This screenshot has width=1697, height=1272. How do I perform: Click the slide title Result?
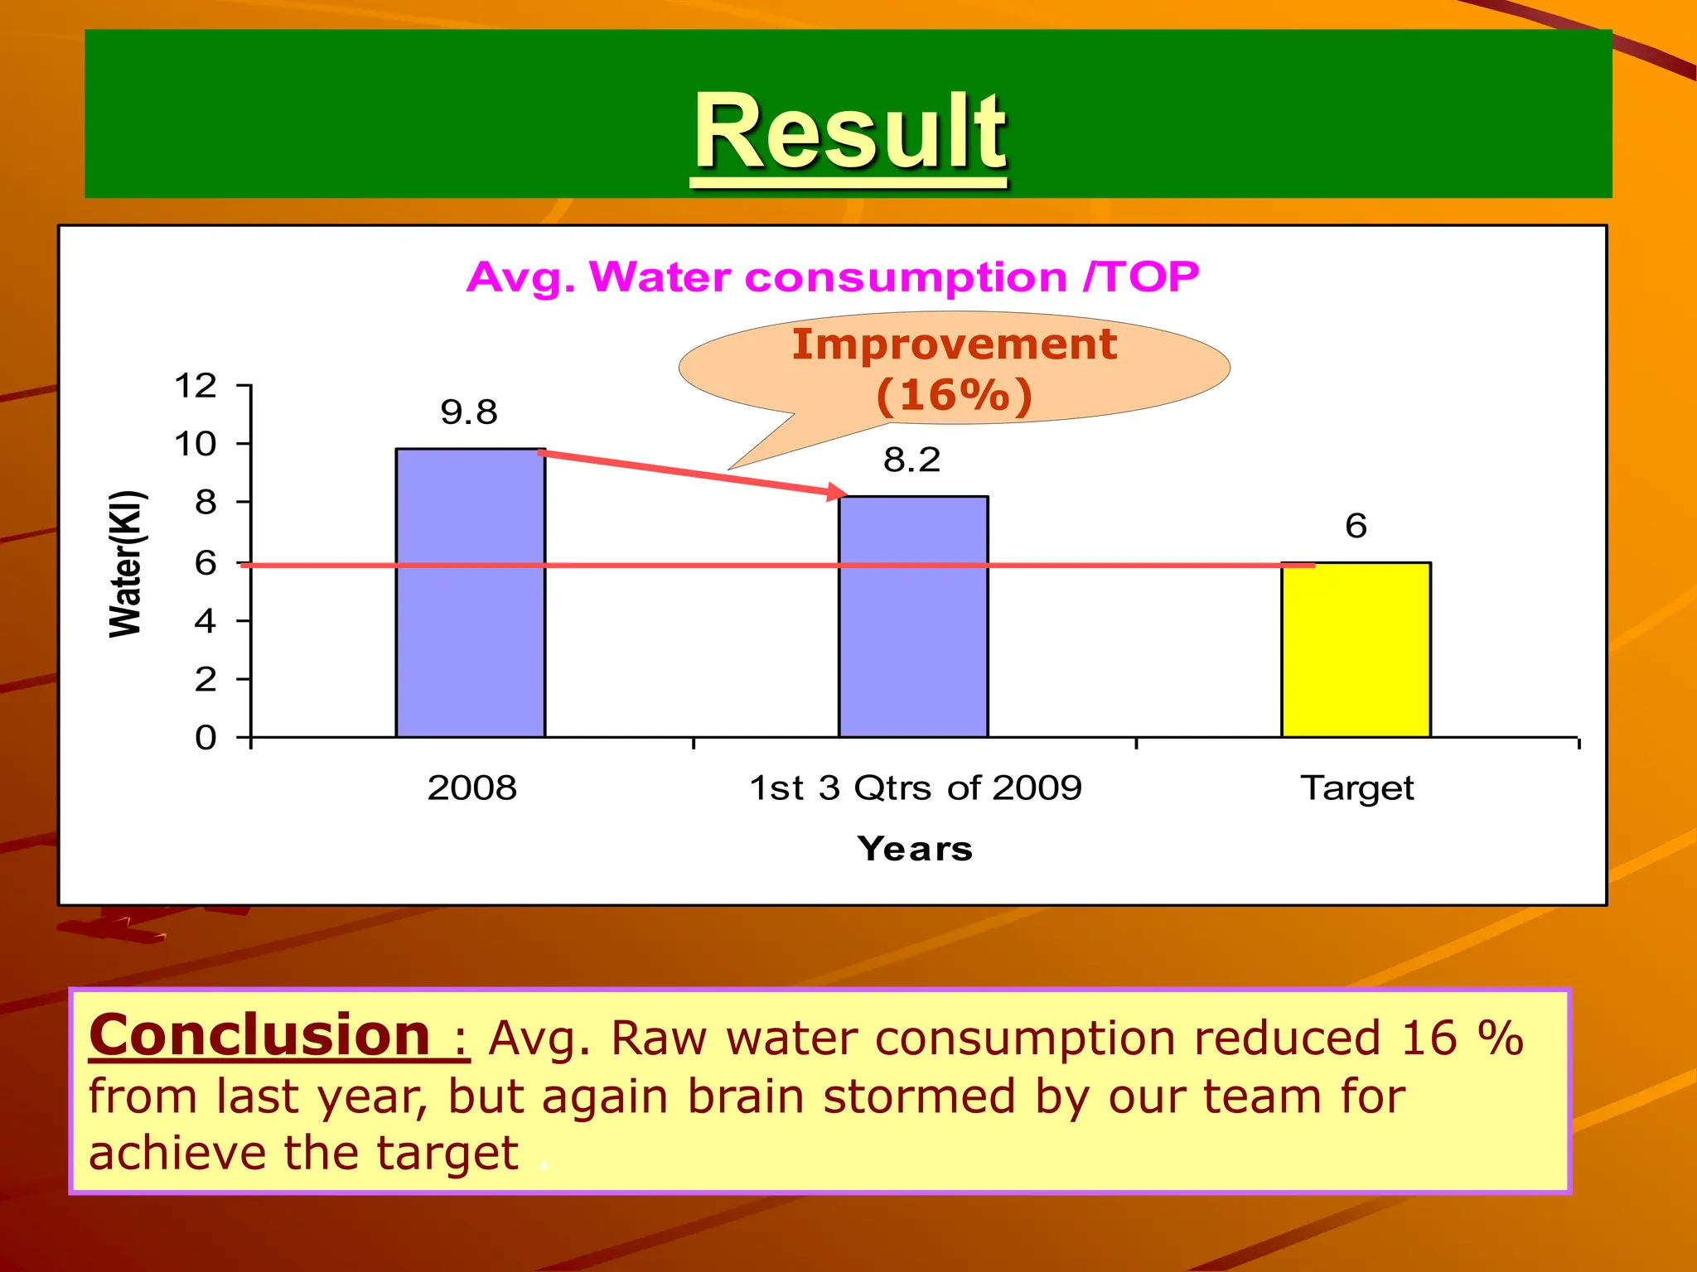tap(849, 132)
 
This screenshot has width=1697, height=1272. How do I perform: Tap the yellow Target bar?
tap(1356, 650)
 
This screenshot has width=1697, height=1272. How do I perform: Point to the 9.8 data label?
tap(469, 412)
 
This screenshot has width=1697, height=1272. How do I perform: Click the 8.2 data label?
tap(911, 460)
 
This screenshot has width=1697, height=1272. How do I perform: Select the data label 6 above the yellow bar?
tap(1356, 526)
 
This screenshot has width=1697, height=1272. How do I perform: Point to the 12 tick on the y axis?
tap(196, 386)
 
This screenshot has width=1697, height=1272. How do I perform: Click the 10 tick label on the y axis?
tap(196, 445)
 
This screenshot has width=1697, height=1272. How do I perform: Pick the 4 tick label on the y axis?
tap(205, 621)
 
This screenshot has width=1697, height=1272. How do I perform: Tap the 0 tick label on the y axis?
tap(205, 737)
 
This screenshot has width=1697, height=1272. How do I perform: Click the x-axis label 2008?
tap(471, 788)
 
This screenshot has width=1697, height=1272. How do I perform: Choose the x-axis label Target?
tap(1356, 788)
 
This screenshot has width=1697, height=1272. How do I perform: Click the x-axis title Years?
tap(915, 849)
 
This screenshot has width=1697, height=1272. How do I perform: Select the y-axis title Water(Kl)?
tap(127, 564)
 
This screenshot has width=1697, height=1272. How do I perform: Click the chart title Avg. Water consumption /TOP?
tap(832, 277)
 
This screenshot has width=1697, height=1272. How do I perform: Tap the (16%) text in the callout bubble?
tap(955, 395)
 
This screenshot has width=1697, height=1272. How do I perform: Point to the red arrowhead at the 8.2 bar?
tap(837, 492)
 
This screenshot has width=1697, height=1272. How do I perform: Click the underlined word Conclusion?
tap(259, 1035)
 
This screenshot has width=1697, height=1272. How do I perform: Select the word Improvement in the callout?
tap(955, 344)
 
